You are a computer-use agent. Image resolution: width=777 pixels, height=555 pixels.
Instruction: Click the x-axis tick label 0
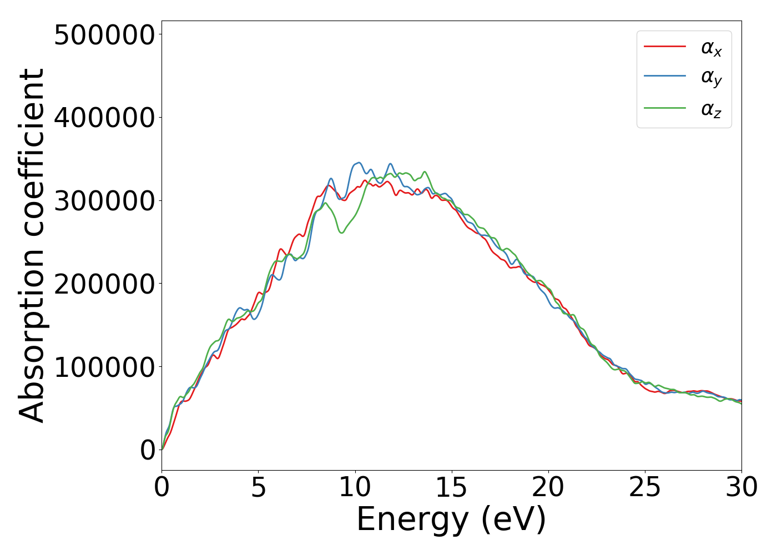[x=162, y=488]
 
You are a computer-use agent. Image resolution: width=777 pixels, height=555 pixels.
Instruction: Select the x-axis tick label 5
[x=258, y=488]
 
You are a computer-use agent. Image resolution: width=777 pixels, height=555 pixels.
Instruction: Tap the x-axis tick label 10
[x=355, y=488]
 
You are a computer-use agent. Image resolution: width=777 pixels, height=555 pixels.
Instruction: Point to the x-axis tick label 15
[x=451, y=488]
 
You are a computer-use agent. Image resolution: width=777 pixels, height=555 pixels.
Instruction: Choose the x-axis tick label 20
[x=548, y=488]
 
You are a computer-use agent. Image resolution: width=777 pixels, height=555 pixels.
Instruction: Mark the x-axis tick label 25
[x=644, y=488]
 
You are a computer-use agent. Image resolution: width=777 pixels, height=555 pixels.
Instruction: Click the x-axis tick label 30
[x=741, y=488]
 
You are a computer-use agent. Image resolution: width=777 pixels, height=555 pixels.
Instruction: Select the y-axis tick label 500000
[x=104, y=35]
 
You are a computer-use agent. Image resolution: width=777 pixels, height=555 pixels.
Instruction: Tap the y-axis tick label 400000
[x=104, y=118]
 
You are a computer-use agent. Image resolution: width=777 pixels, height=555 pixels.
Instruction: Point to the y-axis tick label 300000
[x=104, y=201]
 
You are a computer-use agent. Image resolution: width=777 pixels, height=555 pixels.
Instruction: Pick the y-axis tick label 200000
[x=104, y=284]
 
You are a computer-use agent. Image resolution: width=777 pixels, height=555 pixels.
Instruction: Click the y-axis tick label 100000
[x=104, y=367]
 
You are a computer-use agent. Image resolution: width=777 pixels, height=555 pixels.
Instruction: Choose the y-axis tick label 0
[x=148, y=450]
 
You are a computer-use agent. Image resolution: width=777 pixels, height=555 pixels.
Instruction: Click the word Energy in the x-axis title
[x=412, y=521]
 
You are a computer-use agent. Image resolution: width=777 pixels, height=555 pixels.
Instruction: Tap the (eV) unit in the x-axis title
[x=513, y=521]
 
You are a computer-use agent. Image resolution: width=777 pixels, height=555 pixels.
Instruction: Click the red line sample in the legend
[x=664, y=47]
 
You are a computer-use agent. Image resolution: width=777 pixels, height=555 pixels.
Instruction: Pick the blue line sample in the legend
[x=664, y=77]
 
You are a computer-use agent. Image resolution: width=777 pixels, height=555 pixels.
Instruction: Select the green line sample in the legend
[x=664, y=108]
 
